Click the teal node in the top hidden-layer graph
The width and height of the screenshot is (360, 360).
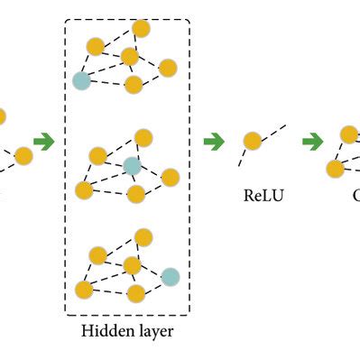[82, 81]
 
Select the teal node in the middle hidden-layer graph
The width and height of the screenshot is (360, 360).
[132, 166]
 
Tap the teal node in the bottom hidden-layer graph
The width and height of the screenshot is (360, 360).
[170, 276]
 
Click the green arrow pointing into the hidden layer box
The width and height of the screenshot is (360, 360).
[42, 142]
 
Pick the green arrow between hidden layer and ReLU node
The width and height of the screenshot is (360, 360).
[214, 142]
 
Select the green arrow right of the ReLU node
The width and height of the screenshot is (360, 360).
[312, 142]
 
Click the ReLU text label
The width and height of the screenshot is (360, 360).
[264, 194]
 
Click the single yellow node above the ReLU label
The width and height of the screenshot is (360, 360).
[253, 141]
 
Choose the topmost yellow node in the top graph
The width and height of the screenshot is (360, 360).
[140, 29]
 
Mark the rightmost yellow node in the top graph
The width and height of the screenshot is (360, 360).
[167, 68]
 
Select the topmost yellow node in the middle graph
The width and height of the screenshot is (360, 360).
[143, 137]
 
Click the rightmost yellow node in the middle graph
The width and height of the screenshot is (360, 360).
[170, 177]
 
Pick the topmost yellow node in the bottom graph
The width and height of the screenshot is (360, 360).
[143, 237]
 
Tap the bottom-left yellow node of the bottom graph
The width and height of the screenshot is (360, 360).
[84, 290]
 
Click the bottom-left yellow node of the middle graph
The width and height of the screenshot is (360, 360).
[84, 189]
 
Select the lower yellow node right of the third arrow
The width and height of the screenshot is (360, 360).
[335, 168]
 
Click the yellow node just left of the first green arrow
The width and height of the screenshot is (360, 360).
[23, 156]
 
